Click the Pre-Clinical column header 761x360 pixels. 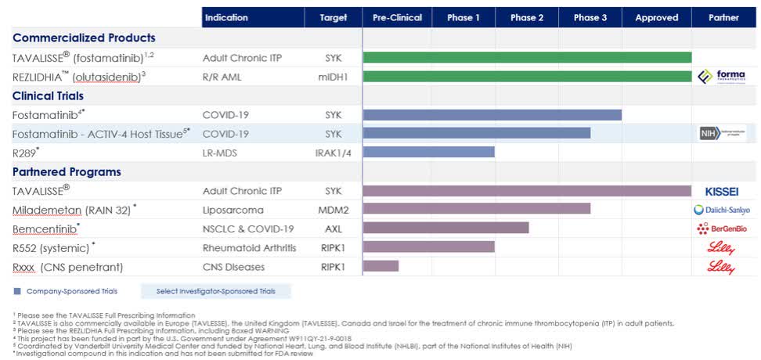(x=397, y=17)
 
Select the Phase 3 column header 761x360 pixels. (x=590, y=17)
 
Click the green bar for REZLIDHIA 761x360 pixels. (x=527, y=76)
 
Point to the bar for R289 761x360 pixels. (x=428, y=152)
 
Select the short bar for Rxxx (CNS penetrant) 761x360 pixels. (x=380, y=266)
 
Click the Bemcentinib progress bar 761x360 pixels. (x=445, y=228)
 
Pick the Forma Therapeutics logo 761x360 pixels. (x=722, y=76)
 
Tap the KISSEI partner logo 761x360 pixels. (x=722, y=190)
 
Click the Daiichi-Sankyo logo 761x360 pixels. (x=722, y=209)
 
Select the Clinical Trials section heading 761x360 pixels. (x=52, y=95)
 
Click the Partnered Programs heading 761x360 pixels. (x=67, y=171)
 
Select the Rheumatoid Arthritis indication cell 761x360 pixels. (x=249, y=247)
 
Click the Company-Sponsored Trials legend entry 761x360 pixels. (x=66, y=291)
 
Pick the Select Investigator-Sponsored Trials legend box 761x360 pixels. (x=215, y=291)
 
